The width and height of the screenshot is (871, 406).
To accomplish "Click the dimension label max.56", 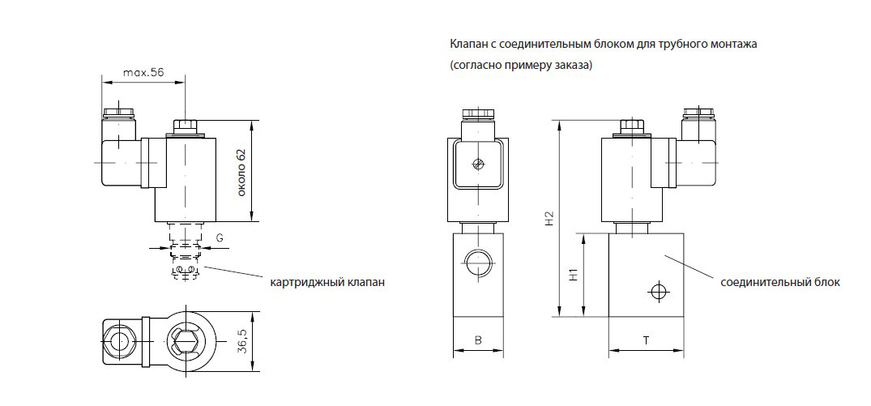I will tap(143, 72).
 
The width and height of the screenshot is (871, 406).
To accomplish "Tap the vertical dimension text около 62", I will tap(241, 172).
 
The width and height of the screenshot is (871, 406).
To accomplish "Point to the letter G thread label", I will tap(220, 237).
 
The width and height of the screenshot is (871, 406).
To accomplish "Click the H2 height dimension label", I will tap(549, 217).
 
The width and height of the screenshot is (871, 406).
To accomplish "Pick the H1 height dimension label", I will tap(573, 275).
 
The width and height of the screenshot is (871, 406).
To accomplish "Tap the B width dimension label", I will tap(478, 341).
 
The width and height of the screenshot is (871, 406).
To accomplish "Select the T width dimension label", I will tap(646, 341).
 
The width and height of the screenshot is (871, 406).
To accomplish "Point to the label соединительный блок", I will tap(779, 282).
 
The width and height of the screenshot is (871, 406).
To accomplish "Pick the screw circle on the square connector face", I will tap(478, 165).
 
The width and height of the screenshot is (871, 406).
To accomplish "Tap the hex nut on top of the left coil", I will tap(186, 126).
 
